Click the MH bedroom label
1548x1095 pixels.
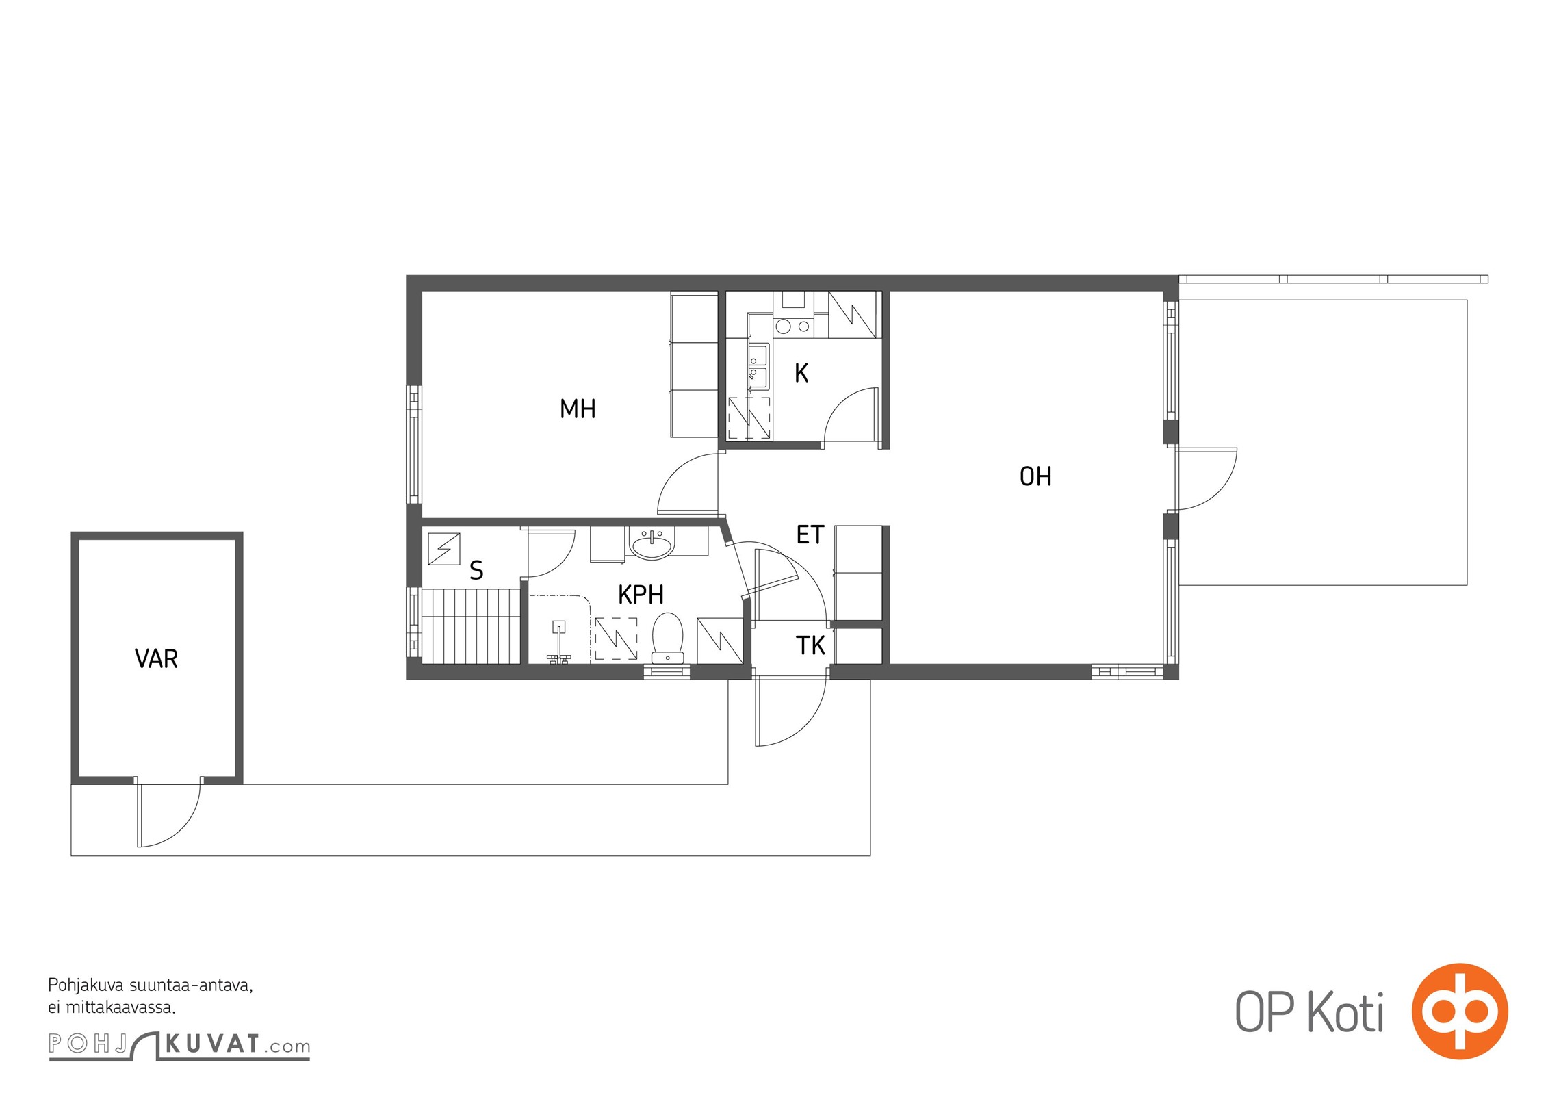point(578,409)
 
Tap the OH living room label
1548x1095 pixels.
point(1035,476)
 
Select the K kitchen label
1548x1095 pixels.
point(801,373)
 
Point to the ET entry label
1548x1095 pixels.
point(810,534)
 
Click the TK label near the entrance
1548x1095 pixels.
point(810,645)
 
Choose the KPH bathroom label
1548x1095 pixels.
point(641,595)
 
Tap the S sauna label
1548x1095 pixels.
point(476,570)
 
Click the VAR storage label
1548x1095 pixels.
point(156,659)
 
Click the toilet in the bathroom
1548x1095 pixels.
point(667,638)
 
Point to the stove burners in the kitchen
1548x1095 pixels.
point(793,326)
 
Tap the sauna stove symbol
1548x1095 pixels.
point(443,548)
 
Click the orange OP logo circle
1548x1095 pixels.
point(1460,1012)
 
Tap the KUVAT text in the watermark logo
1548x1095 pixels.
point(212,1044)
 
